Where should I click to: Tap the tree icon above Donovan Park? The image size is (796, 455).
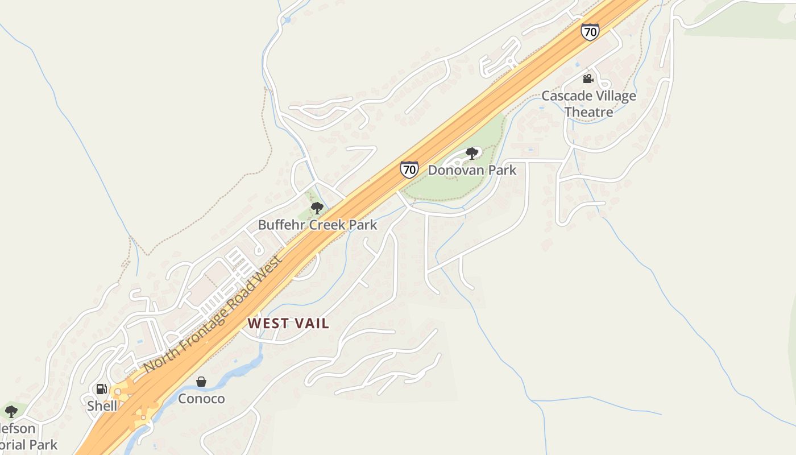[x=471, y=153]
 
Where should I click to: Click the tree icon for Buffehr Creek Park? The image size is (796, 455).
[x=317, y=208]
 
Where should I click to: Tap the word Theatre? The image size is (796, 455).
[x=588, y=112]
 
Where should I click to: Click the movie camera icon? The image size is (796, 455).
[x=588, y=78]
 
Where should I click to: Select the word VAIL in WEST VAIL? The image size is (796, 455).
[x=310, y=324]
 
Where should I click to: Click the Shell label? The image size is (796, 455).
[x=102, y=406]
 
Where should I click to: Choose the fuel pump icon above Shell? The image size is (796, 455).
[x=102, y=389]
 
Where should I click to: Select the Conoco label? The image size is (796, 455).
[x=201, y=399]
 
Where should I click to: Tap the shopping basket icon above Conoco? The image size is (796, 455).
[x=201, y=382]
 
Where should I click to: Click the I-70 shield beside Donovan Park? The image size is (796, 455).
[x=409, y=169]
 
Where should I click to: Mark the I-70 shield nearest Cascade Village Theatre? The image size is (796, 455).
[x=590, y=32]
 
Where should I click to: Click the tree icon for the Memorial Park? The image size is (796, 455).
[x=11, y=411]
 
